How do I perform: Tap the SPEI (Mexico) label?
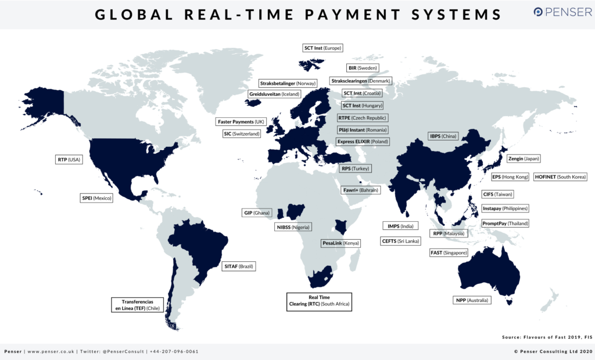(96, 197)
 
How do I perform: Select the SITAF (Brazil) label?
(239, 267)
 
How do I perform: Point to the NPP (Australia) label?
(472, 300)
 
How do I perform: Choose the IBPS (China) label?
(443, 136)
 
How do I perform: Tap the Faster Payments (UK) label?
(241, 122)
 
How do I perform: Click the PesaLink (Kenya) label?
(340, 243)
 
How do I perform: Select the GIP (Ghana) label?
(256, 213)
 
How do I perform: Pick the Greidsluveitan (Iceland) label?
(274, 94)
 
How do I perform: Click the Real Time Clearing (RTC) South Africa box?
(320, 300)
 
